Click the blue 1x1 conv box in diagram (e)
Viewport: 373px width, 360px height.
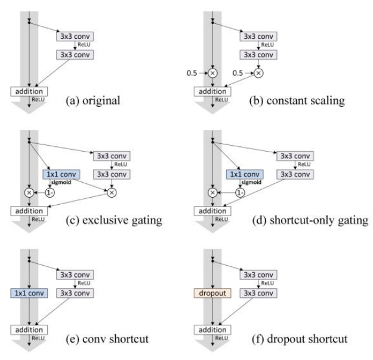coord(27,293)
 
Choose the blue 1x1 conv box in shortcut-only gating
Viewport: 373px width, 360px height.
coord(240,174)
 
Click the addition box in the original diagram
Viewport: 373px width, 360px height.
coord(27,91)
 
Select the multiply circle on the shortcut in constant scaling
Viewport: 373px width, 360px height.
coord(212,73)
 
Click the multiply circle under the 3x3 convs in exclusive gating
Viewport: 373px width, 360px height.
coord(111,193)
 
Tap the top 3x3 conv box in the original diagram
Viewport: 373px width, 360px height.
coord(74,36)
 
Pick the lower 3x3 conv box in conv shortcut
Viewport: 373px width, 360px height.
coord(74,293)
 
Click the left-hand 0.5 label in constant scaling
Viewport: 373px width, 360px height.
coord(190,73)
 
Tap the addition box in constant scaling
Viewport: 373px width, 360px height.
coord(211,91)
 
